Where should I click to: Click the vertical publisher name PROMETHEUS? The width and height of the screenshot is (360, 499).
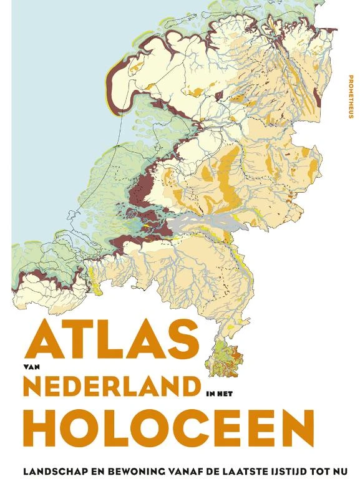349,97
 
